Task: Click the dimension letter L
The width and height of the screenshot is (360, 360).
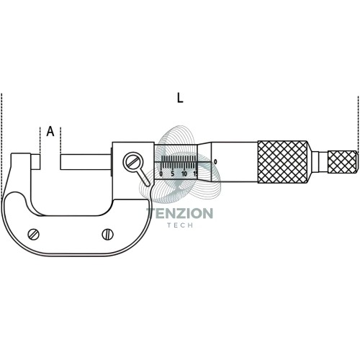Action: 180,98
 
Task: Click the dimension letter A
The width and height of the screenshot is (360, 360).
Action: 50,131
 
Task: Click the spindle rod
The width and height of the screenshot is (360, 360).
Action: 86,162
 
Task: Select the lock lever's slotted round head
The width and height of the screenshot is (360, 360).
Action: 132,162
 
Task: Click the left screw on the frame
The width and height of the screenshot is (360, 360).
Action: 34,235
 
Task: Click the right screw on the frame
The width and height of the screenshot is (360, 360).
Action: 108,234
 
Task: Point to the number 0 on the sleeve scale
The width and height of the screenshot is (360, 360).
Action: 161,174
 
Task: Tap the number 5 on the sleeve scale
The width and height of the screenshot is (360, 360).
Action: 173,174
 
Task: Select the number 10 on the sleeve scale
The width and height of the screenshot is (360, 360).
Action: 184,174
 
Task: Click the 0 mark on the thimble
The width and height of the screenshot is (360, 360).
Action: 215,162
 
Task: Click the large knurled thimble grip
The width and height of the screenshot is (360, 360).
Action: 282,162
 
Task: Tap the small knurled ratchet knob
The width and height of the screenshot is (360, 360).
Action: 343,162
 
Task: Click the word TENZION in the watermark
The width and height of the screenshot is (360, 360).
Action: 179,213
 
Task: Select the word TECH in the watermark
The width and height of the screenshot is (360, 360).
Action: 180,225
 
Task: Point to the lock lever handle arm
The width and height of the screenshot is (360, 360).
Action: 144,177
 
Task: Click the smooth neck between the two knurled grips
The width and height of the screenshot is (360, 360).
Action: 320,162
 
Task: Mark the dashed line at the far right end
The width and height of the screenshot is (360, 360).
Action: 358,125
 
